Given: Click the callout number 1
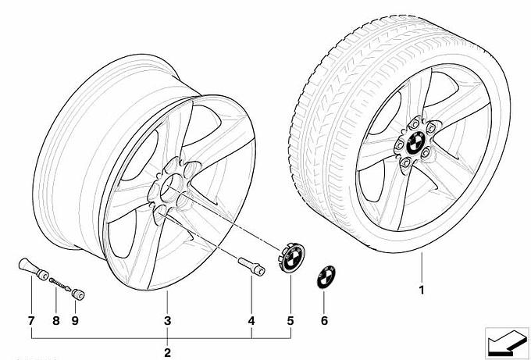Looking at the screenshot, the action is point(422,290).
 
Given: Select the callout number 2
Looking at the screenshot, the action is point(167,352).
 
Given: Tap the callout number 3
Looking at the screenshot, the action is point(167,321).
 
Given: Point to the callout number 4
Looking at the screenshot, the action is point(251,321).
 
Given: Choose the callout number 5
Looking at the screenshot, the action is point(290,321).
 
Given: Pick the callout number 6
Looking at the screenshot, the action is point(324,321).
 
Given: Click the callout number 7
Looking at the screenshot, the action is point(31,321).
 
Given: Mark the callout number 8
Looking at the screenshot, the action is point(56,321).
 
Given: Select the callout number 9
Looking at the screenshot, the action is point(75,321).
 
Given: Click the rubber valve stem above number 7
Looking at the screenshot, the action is point(33,269).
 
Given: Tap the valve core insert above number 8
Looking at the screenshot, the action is point(60,283).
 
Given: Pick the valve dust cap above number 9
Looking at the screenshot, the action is point(78,294).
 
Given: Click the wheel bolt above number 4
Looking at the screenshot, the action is point(251,266).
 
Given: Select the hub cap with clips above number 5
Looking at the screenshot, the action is point(291,258).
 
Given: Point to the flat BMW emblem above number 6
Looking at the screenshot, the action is point(326,276).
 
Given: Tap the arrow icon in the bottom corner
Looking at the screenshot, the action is point(507,342).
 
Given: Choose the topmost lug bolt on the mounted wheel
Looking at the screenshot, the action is point(414,124).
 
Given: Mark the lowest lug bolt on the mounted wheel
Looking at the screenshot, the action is point(404,163).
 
